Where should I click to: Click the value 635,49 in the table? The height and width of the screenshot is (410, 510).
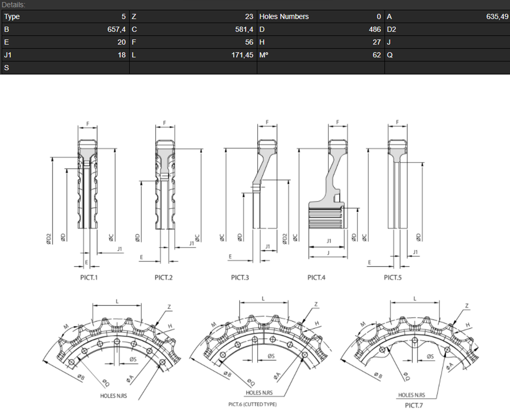click(x=497, y=17)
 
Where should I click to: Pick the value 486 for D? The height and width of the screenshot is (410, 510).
click(x=375, y=29)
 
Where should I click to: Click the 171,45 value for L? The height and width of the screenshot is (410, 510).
click(x=243, y=55)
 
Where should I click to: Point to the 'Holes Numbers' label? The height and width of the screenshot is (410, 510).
click(x=284, y=17)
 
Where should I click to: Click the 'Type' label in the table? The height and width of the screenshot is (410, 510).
click(x=12, y=17)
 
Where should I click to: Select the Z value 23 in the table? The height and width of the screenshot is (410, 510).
click(x=249, y=17)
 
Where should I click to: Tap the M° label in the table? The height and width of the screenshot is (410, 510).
click(x=264, y=55)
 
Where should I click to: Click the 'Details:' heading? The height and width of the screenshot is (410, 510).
click(x=14, y=4)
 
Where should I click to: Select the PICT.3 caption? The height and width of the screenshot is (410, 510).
click(x=240, y=278)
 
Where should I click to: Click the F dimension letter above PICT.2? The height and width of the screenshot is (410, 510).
click(x=164, y=123)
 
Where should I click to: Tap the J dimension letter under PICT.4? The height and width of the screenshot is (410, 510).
click(x=329, y=253)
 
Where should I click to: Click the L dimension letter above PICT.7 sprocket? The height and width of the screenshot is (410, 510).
click(x=414, y=298)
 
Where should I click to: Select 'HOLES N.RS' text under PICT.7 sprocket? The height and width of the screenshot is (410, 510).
click(x=411, y=395)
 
